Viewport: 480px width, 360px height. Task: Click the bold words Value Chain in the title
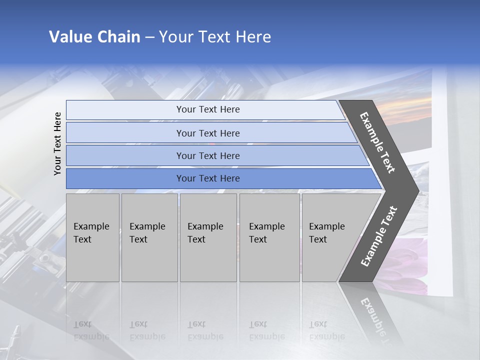tap(94, 37)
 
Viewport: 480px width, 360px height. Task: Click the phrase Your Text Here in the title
tap(215, 37)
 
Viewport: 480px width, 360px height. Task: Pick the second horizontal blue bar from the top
tap(208, 133)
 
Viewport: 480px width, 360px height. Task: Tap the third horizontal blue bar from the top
tap(208, 155)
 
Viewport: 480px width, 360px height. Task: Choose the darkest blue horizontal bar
tap(208, 178)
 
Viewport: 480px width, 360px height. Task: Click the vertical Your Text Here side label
tap(57, 143)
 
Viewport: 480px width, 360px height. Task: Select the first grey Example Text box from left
tap(92, 237)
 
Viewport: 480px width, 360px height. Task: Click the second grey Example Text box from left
tap(149, 237)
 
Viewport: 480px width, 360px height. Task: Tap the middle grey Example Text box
tap(208, 237)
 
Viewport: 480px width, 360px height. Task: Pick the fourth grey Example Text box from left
tap(269, 237)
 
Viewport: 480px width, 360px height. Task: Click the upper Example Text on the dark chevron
tap(377, 142)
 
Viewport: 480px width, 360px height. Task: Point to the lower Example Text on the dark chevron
tap(378, 236)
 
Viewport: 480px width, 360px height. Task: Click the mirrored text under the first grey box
tap(91, 330)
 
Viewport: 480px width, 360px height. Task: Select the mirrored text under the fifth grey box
tap(326, 330)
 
